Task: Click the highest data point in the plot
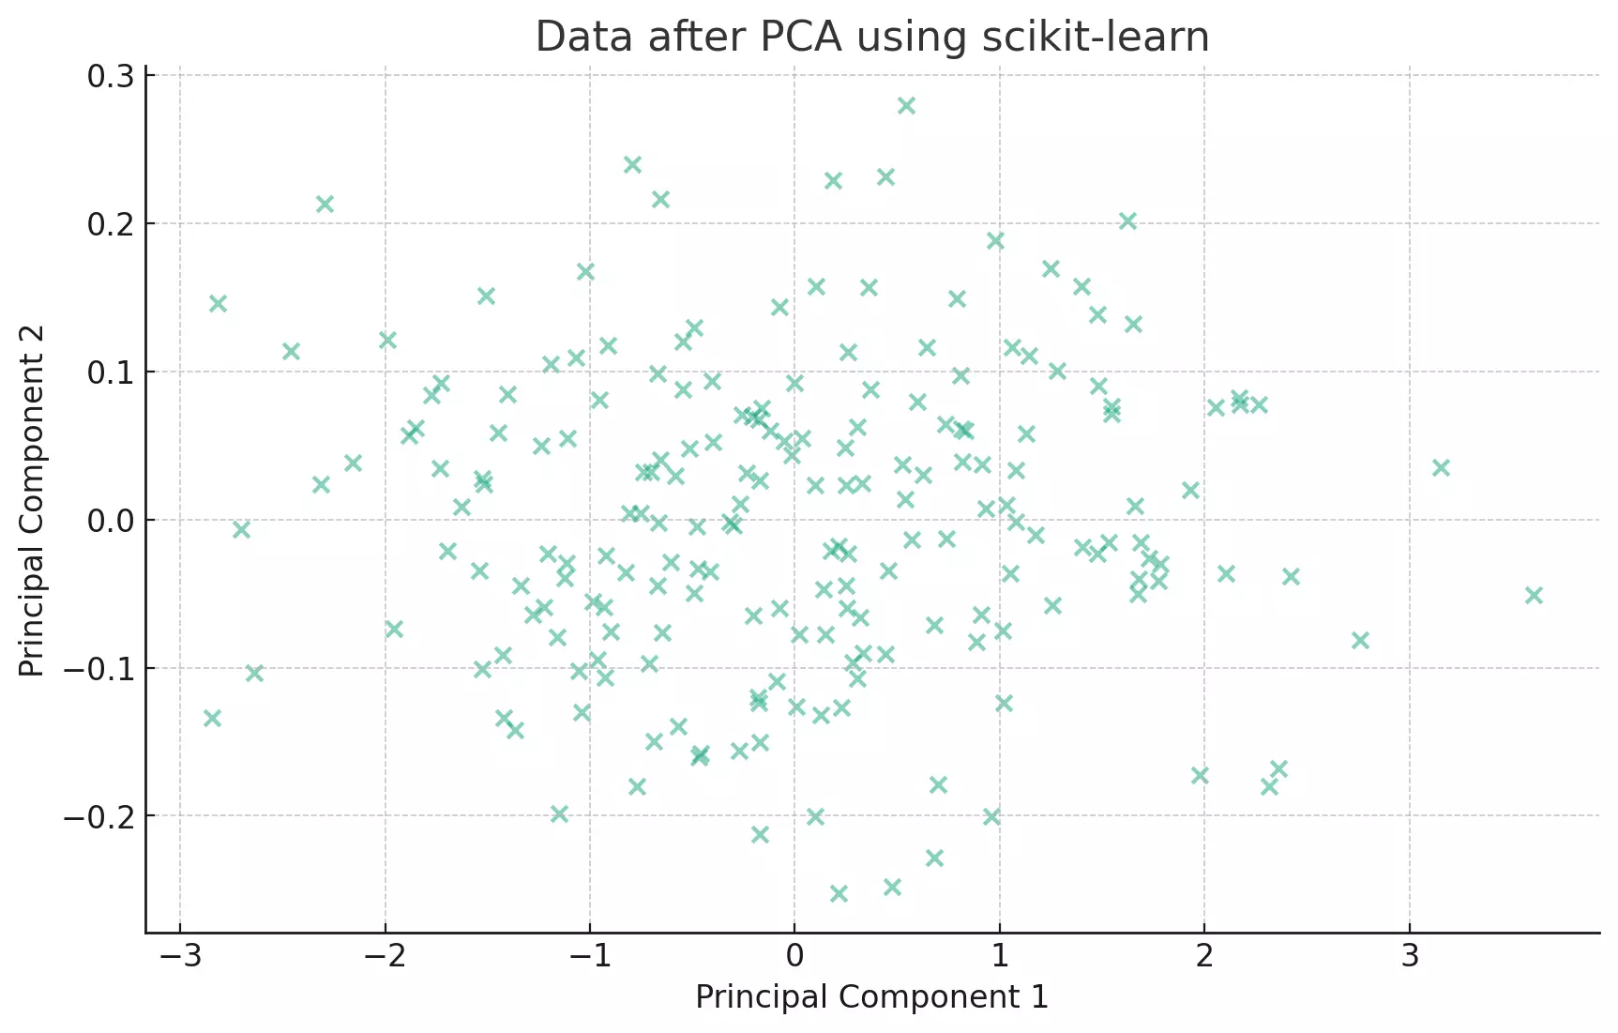pos(906,105)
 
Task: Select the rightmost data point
pos(1534,595)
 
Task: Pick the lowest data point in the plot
pos(839,893)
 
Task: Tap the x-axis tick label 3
pos(1410,957)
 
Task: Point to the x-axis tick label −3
pos(179,957)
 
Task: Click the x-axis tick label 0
pos(794,957)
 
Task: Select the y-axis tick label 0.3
pos(111,77)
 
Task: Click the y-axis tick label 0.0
pos(111,521)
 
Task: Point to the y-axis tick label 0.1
pos(111,372)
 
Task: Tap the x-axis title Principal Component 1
pos(871,997)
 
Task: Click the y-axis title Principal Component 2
pos(32,501)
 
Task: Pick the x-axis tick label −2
pos(385,957)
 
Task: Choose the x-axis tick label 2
pos(1204,957)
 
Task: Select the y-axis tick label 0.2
pos(111,225)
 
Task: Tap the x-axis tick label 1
pos(1000,957)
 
